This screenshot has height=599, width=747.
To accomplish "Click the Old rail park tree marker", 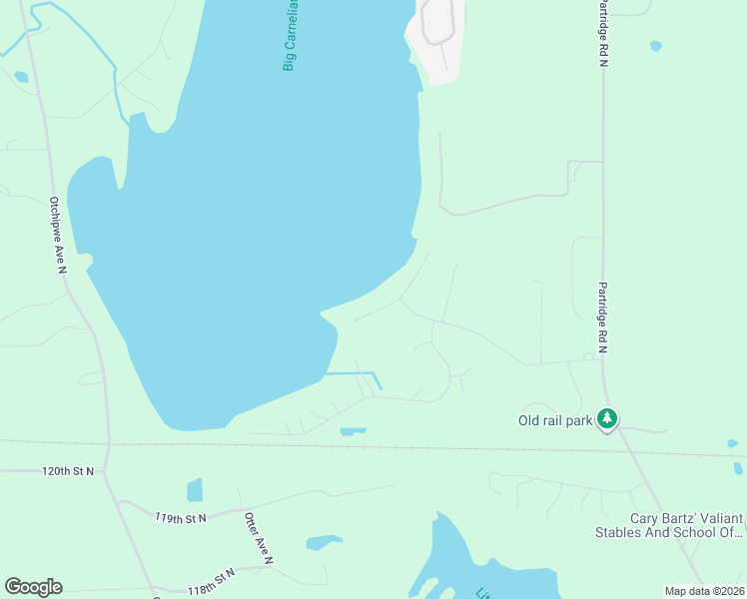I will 606,419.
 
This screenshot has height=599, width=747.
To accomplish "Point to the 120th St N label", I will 68,470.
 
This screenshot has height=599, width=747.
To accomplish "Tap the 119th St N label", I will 180,518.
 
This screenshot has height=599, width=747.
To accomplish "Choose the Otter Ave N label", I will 258,539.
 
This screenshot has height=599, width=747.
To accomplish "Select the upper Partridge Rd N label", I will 602,34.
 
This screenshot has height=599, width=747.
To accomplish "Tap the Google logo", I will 33,586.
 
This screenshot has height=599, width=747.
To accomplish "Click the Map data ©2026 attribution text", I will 704,591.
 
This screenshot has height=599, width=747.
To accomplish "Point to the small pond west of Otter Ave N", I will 195,490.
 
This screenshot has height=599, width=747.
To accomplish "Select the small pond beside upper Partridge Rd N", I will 655,46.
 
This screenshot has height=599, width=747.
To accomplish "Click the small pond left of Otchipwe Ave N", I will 21,76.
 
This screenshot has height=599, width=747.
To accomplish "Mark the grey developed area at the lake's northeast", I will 436,40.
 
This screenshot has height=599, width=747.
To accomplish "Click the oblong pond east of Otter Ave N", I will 324,543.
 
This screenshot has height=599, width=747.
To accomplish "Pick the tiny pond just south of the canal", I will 353,431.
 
